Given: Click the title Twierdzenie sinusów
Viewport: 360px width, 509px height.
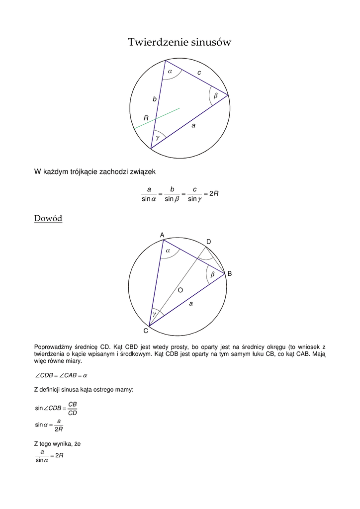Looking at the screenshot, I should pyautogui.click(x=180, y=42).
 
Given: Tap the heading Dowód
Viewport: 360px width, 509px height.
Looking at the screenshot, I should pyautogui.click(x=48, y=218).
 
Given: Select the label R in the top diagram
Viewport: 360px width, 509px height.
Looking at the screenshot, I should pyautogui.click(x=146, y=118).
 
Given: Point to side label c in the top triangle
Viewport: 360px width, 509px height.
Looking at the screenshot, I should pyautogui.click(x=199, y=73).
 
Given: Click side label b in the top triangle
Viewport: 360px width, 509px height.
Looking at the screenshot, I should pyautogui.click(x=155, y=99).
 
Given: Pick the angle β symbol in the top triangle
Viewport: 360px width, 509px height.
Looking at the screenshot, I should pyautogui.click(x=216, y=95).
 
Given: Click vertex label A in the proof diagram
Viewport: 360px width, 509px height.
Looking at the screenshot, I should pyautogui.click(x=162, y=235).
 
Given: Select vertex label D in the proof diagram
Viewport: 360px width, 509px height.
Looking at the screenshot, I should pyautogui.click(x=209, y=242).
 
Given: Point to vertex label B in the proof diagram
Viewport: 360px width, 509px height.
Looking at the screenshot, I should pyautogui.click(x=230, y=274).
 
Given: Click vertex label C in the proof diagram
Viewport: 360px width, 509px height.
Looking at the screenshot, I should pyautogui.click(x=146, y=331).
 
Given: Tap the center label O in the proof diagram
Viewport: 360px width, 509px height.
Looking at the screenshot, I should pyautogui.click(x=180, y=290).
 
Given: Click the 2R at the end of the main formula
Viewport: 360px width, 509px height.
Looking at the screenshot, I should pyautogui.click(x=214, y=193).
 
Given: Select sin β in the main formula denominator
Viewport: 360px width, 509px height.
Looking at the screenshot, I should pyautogui.click(x=172, y=199).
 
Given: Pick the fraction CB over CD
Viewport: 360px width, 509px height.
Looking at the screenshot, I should pyautogui.click(x=72, y=408).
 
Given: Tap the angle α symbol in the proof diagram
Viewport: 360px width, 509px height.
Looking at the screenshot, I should pyautogui.click(x=168, y=252).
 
